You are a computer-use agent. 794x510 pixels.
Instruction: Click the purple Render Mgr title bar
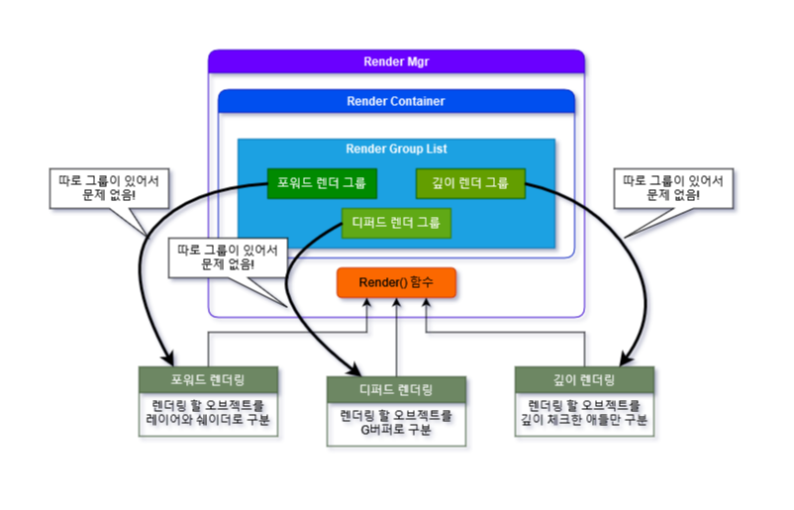click(396, 61)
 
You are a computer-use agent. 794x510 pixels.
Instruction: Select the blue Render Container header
click(396, 101)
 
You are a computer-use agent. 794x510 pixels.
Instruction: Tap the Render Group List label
click(396, 149)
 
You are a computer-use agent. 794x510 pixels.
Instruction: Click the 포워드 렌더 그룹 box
click(322, 183)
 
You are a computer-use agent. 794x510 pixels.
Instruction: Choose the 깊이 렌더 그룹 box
click(469, 183)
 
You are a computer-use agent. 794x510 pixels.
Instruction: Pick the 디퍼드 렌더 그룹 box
click(396, 222)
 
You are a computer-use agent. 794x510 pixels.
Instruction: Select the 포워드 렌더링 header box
click(207, 380)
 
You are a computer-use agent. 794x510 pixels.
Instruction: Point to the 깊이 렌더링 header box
click(583, 380)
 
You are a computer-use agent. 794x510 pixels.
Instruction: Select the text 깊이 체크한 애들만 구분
click(584, 422)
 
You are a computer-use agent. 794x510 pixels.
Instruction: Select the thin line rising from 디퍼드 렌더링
click(396, 342)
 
